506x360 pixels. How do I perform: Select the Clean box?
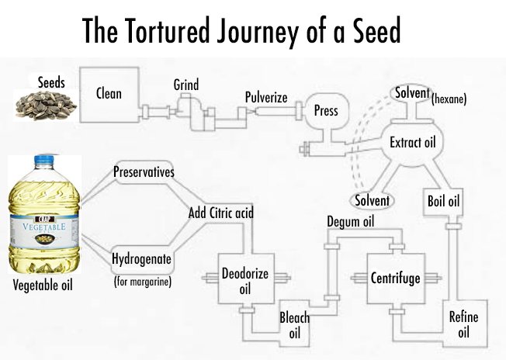108,94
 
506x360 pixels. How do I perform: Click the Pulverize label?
266,98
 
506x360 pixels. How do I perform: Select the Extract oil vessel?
411,144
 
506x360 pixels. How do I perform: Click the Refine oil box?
463,325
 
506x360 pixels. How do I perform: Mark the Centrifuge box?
395,277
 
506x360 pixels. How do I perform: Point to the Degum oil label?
352,223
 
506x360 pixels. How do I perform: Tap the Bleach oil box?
294,325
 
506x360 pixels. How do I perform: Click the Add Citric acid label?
221,212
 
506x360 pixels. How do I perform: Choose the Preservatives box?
144,171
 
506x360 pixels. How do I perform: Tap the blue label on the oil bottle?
43,229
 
